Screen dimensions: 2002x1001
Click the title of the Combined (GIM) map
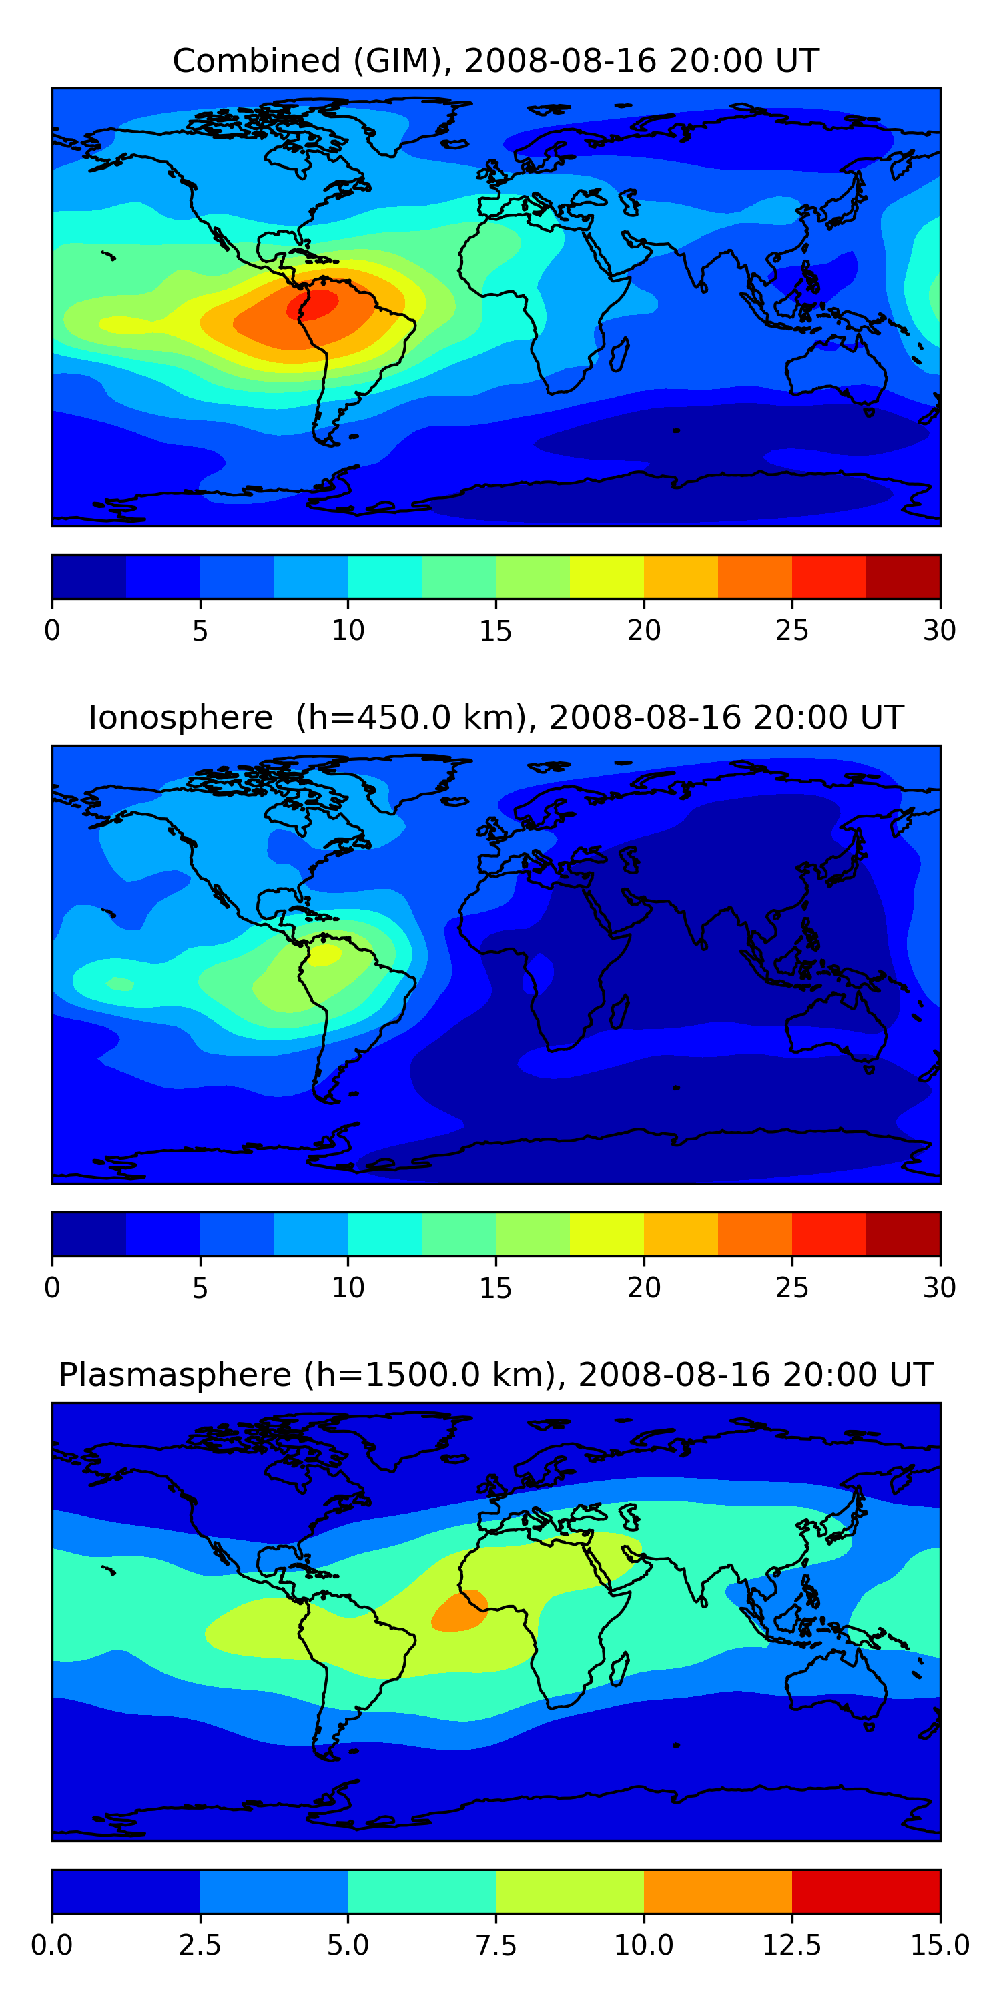pos(496,61)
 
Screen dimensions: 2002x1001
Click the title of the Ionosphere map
pos(496,717)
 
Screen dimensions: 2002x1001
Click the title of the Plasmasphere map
pos(496,1375)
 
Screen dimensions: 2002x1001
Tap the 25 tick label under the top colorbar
pos(792,630)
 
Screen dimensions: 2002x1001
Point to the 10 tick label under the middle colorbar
pos(348,1288)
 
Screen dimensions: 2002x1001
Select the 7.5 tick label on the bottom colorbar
pos(496,1945)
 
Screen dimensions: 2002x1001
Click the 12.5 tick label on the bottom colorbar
pos(792,1945)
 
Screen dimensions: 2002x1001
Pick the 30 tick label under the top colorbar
pos(939,630)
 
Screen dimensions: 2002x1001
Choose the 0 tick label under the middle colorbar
pos(52,1288)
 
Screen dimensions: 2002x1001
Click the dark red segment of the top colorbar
pos(903,577)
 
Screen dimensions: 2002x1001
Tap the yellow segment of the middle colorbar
pos(607,1233)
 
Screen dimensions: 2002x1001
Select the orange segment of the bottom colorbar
pos(717,1891)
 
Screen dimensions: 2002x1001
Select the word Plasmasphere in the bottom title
pos(175,1375)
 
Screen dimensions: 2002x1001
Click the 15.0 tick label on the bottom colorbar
pos(940,1945)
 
